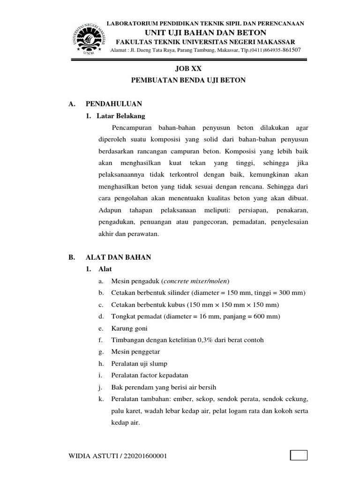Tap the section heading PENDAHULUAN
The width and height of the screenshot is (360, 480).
[x=113, y=104]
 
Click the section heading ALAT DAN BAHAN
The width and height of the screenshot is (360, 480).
[x=118, y=257]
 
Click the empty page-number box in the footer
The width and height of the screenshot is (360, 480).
[x=299, y=456]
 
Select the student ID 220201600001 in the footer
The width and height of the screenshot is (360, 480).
[x=145, y=456]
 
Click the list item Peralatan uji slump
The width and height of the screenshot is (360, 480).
[x=139, y=364]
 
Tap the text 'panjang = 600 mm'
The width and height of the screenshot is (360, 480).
[x=252, y=316]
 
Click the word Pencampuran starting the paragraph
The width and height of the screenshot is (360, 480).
[x=132, y=127]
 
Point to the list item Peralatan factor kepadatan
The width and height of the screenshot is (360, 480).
[x=149, y=375]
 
